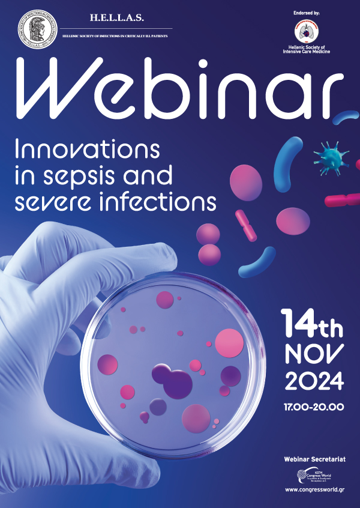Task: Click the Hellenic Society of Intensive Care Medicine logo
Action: (x=307, y=34)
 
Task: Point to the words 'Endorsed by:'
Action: (x=306, y=12)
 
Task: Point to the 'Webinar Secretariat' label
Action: (x=314, y=459)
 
